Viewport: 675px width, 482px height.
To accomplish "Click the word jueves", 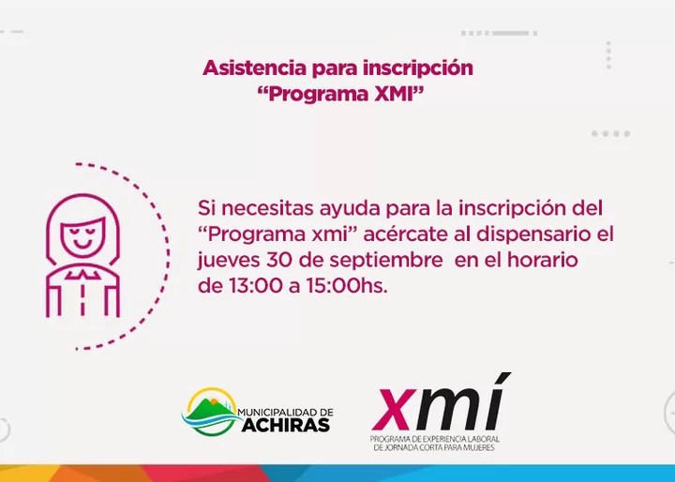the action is click(229, 261).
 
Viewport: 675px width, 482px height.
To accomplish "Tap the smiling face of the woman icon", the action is click(83, 238).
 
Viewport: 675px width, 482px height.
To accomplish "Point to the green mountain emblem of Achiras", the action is click(211, 412).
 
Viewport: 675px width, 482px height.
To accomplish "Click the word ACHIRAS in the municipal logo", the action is click(285, 426).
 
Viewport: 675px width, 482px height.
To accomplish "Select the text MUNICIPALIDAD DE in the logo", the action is click(285, 413).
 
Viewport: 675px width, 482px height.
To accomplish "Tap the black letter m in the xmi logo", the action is click(447, 409).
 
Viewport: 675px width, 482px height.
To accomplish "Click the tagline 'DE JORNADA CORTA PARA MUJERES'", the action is click(434, 448).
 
